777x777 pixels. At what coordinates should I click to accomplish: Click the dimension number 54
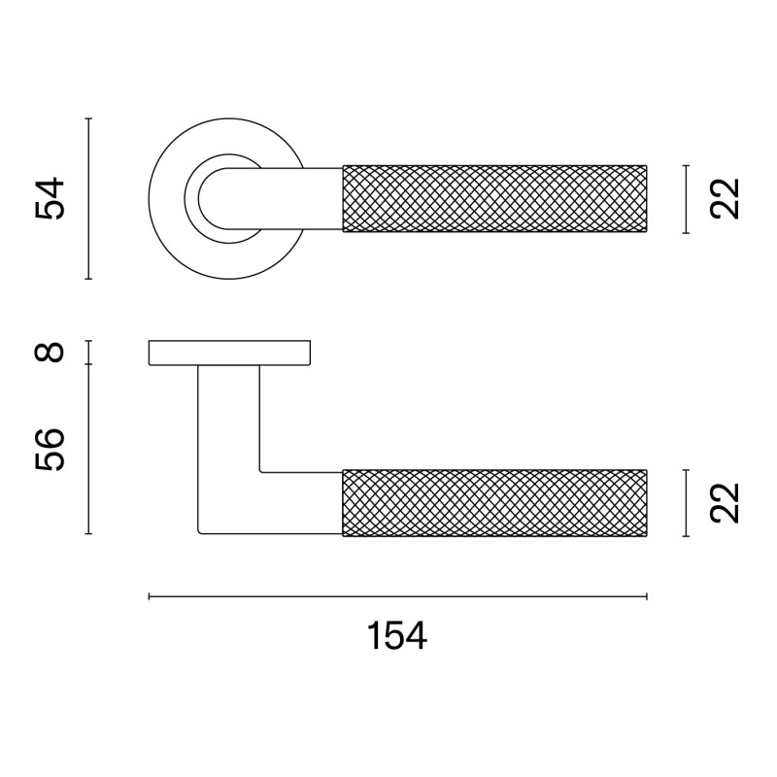(50, 198)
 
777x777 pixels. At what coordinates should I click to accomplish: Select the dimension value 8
(52, 352)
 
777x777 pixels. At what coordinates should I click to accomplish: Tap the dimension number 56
(52, 449)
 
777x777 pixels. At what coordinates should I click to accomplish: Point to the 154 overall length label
(397, 637)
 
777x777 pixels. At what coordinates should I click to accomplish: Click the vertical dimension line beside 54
(88, 198)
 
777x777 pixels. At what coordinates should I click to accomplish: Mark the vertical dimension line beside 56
(88, 449)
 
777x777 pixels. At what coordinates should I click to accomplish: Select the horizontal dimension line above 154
(397, 596)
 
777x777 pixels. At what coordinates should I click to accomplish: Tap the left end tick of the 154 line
(149, 596)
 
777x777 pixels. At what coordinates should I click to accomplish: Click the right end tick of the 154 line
(647, 596)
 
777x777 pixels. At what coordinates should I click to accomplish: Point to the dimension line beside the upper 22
(686, 199)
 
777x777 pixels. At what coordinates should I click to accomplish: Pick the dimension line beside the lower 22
(686, 502)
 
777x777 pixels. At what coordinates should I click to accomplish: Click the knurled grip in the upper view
(494, 199)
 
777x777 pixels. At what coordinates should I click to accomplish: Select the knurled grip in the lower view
(494, 502)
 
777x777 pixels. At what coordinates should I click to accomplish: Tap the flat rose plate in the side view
(229, 353)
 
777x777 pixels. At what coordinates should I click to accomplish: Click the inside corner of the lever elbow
(262, 470)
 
